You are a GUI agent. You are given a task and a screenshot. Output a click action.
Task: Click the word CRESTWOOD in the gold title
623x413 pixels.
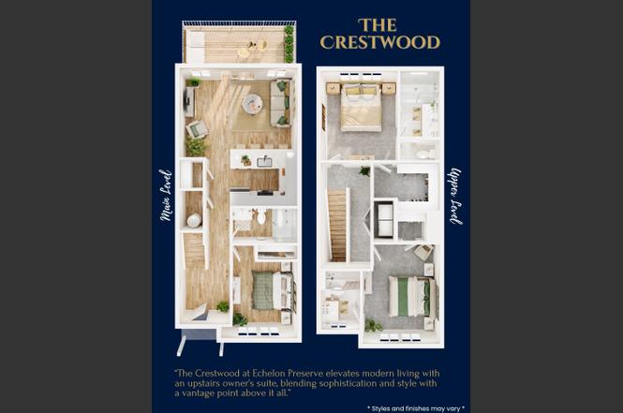[x=379, y=42]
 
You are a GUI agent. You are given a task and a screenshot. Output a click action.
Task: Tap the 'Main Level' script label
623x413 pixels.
[x=166, y=195]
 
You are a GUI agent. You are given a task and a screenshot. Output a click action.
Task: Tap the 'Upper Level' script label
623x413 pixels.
[x=455, y=196]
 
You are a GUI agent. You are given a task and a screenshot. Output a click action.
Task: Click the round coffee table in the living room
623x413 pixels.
[x=252, y=104]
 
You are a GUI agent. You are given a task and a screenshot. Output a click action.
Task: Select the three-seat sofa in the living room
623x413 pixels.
[x=280, y=103]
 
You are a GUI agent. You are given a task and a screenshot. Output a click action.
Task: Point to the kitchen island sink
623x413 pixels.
[x=264, y=162]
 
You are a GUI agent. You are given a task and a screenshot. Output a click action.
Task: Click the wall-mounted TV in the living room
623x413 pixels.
[x=185, y=100]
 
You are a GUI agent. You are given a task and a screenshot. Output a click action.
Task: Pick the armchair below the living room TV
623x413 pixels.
[x=198, y=129]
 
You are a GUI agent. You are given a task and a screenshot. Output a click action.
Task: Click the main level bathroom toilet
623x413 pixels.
[x=261, y=217]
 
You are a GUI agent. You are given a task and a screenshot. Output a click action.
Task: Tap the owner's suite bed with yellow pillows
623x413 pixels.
[x=362, y=107]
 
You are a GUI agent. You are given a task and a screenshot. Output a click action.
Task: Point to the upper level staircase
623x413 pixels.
[x=337, y=225]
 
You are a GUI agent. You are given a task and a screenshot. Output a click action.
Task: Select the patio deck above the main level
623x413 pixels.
[x=239, y=42]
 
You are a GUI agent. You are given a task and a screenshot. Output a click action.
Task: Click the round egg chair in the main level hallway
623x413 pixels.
[x=194, y=220]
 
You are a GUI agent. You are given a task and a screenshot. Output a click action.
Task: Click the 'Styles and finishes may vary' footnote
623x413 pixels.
[x=416, y=408]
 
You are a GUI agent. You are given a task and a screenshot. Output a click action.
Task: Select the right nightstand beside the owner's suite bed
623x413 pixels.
[x=389, y=88]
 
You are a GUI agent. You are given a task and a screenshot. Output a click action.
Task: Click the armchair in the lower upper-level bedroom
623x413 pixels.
[x=423, y=252]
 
